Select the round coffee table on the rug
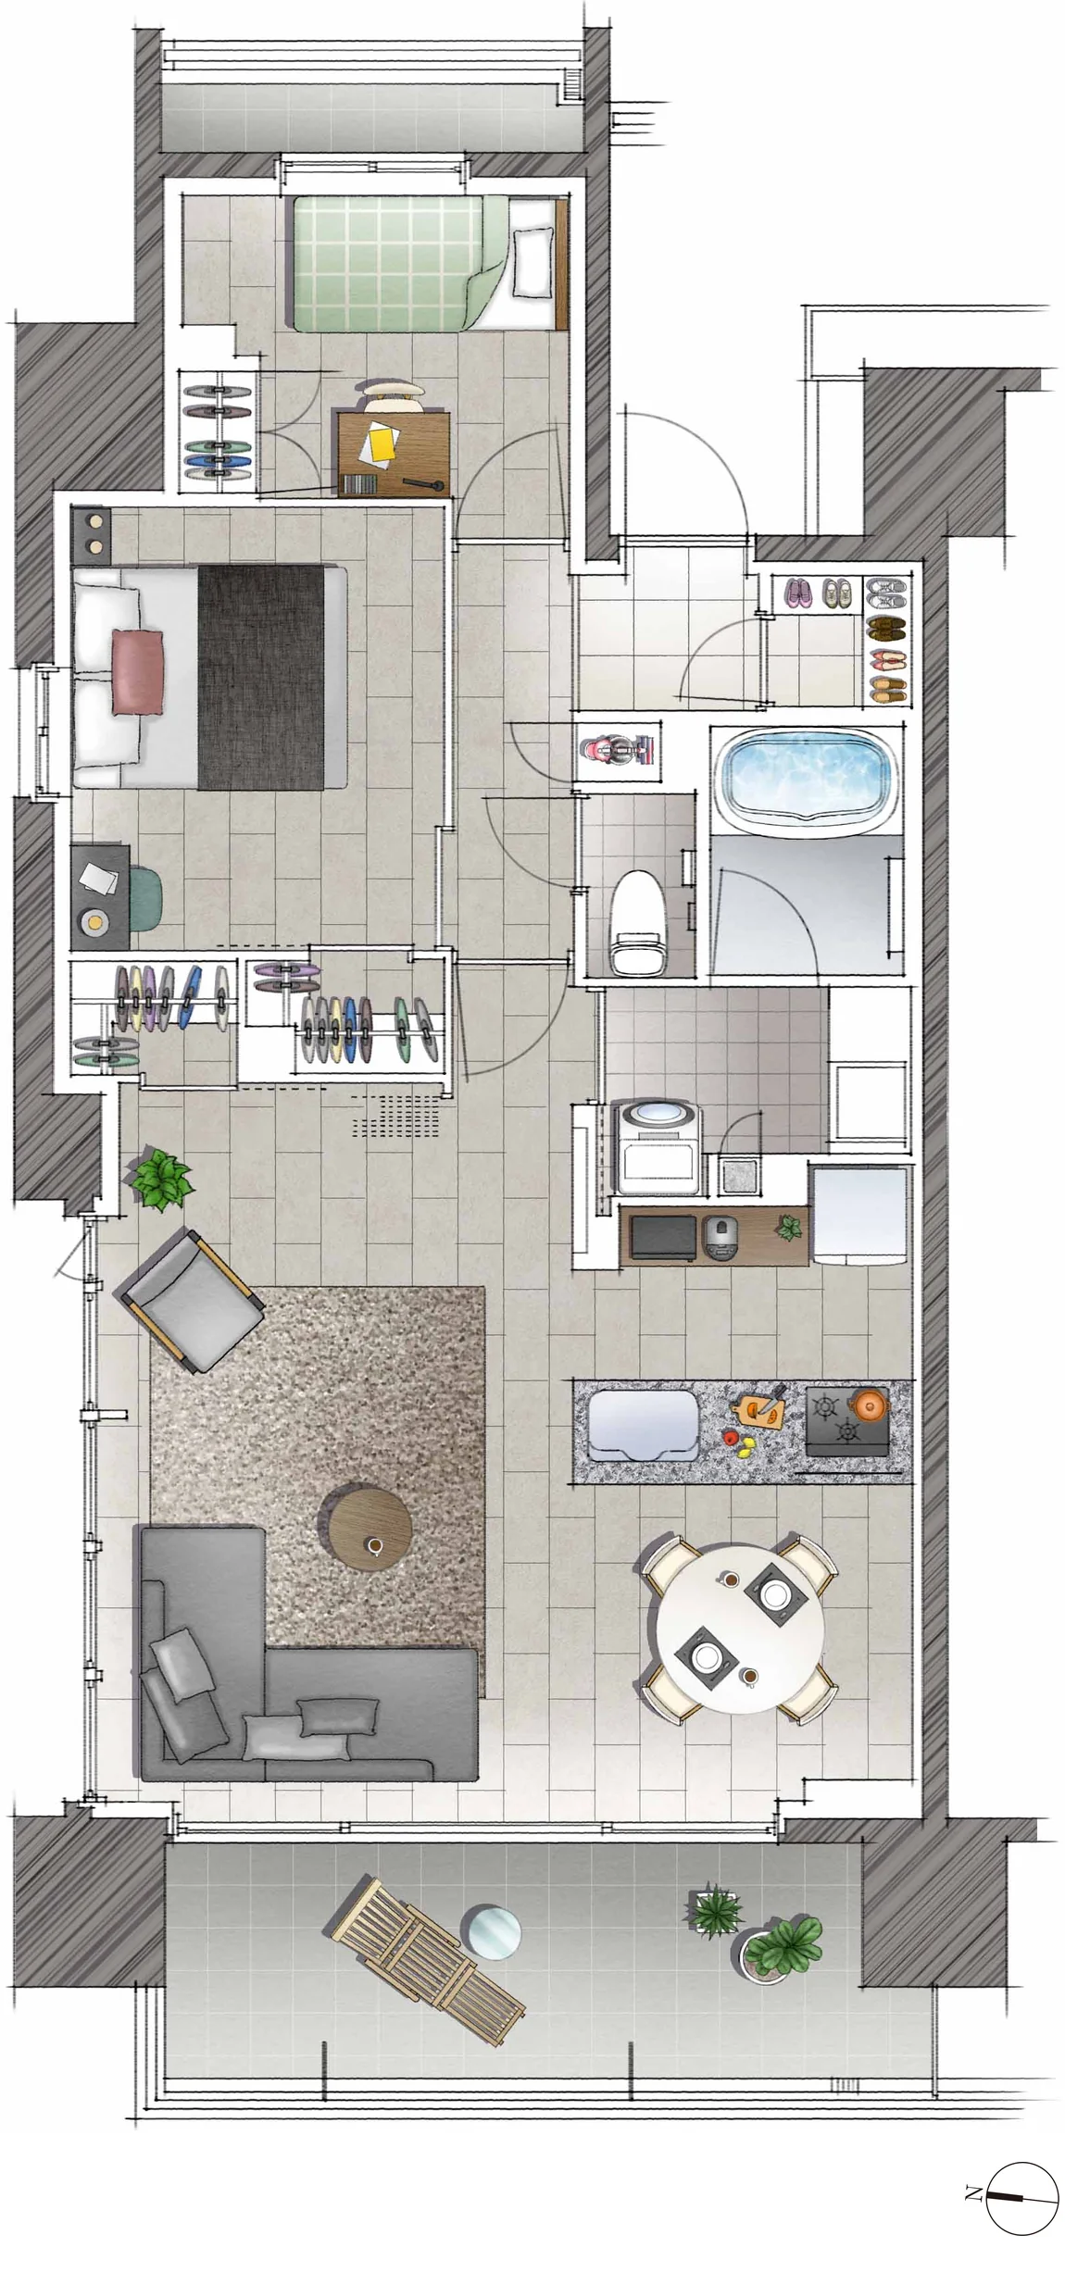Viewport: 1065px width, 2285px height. tap(365, 1526)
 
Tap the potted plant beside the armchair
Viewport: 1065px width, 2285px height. tap(161, 1179)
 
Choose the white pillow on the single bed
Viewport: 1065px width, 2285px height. tap(531, 262)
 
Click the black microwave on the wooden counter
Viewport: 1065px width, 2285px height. tap(662, 1237)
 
